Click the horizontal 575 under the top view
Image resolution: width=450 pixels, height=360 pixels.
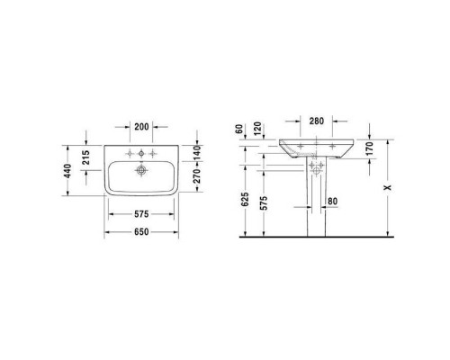pos(136,214)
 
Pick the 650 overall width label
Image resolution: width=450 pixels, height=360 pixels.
pos(136,231)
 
